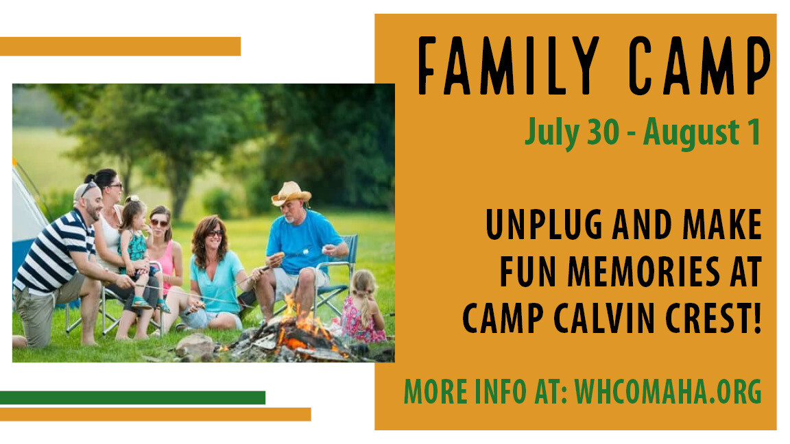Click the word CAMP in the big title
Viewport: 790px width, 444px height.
coord(699,66)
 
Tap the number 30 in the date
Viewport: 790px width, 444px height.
coord(603,132)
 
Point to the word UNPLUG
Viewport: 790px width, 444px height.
coord(544,225)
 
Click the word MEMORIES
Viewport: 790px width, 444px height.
coord(644,272)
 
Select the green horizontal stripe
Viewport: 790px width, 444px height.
coord(132,397)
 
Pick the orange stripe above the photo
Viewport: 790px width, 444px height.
coord(120,47)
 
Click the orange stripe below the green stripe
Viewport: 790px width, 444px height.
coord(155,415)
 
